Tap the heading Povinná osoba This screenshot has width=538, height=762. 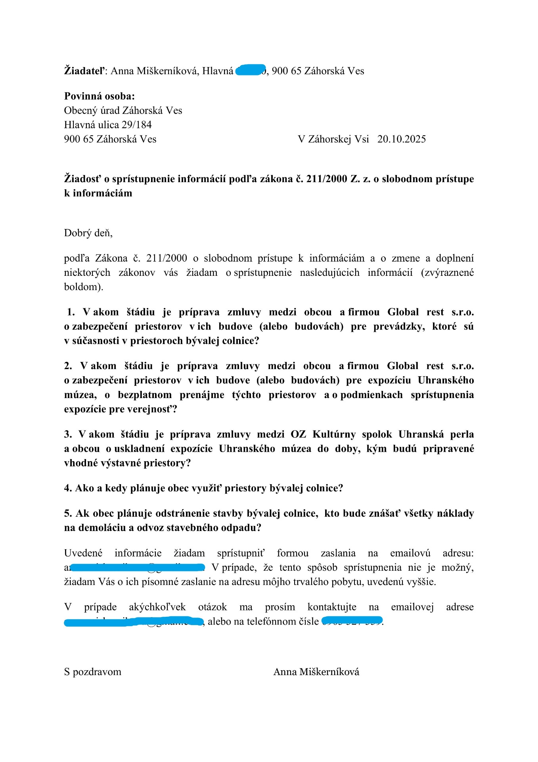tap(99, 96)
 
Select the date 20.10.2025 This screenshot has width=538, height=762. tap(401, 139)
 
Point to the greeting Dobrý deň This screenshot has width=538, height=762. tap(88, 233)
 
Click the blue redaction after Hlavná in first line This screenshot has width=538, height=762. tap(251, 70)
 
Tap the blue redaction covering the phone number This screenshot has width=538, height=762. tap(352, 621)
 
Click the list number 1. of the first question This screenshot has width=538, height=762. tap(71, 312)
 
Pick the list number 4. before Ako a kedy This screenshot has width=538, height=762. tap(68, 488)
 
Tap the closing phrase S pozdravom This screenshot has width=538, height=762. tap(93, 672)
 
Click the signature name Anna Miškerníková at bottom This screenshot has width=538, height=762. tap(316, 672)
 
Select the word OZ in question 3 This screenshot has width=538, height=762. tap(298, 435)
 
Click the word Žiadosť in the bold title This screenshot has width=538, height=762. tap(82, 179)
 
